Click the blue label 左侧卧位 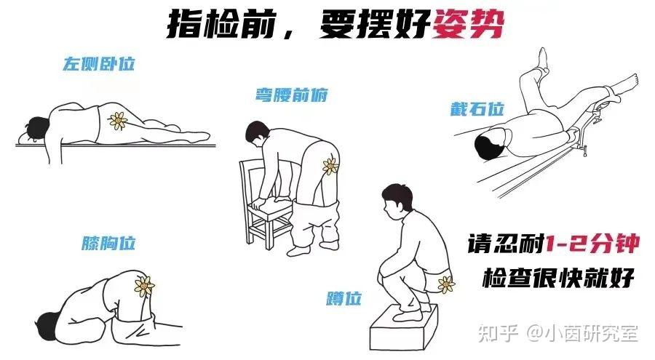(100, 64)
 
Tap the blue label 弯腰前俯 (292, 95)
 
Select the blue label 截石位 (477, 109)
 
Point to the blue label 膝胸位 (108, 243)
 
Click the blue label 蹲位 (344, 299)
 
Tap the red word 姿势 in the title (468, 25)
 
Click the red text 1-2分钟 (592, 244)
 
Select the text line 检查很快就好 (558, 278)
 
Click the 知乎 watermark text (498, 333)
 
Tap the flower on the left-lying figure (118, 121)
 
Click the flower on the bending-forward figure (330, 166)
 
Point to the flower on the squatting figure (445, 285)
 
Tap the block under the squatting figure (403, 328)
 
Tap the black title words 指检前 (221, 25)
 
